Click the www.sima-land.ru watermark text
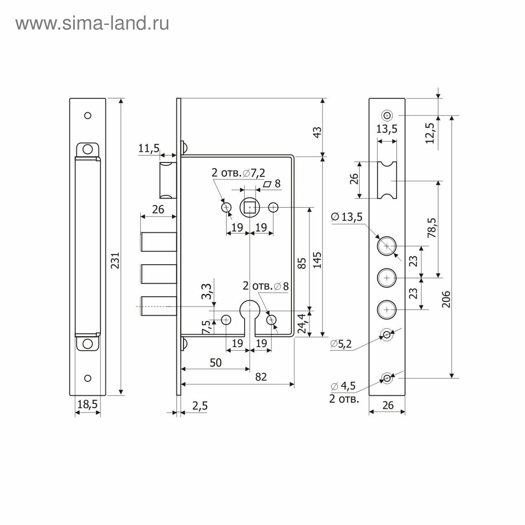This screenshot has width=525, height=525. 93,23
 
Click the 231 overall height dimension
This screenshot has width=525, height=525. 115,260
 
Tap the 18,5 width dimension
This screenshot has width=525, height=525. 87,404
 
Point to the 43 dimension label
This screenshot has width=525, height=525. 317,132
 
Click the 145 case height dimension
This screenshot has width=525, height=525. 317,260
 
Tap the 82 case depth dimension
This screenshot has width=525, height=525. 261,377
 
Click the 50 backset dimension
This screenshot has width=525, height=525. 216,363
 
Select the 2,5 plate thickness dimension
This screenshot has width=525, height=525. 200,406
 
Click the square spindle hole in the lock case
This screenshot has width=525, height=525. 250,207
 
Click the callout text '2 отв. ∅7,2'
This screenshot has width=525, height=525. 238,173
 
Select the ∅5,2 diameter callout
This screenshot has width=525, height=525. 341,344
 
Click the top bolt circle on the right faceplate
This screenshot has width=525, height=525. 387,246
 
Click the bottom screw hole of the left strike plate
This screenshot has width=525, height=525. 88,378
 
